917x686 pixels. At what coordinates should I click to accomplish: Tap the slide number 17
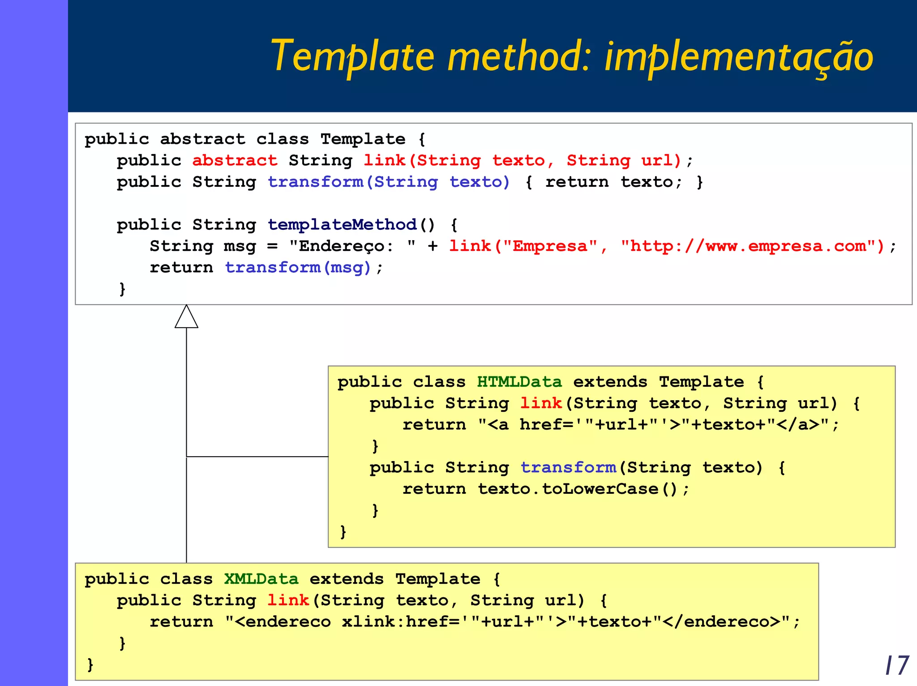(897, 665)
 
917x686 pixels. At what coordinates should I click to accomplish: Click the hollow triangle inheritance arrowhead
(186, 317)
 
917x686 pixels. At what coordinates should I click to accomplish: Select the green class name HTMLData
(519, 382)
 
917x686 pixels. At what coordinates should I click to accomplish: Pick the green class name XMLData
(261, 579)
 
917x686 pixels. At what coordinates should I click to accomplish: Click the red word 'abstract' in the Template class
(235, 160)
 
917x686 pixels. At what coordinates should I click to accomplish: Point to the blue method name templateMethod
(342, 224)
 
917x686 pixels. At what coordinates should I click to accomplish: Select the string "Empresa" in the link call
(550, 246)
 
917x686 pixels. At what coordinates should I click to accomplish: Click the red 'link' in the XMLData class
(288, 600)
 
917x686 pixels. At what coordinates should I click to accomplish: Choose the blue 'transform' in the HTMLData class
(568, 467)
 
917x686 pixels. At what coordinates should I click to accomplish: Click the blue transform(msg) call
(298, 267)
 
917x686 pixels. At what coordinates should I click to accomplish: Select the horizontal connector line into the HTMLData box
(257, 457)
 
